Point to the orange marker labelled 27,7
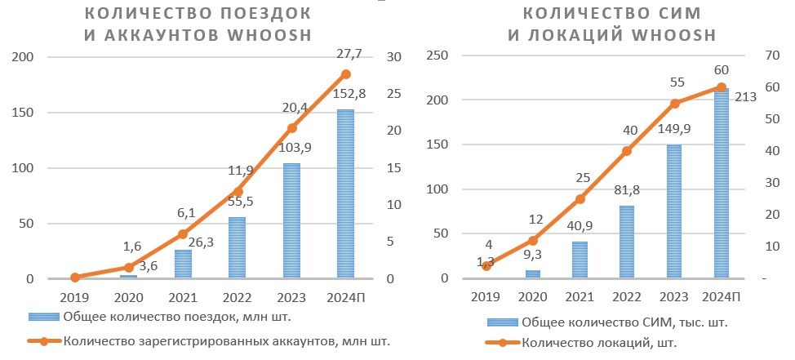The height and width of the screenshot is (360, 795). click(345, 74)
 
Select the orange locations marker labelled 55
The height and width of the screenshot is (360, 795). click(674, 104)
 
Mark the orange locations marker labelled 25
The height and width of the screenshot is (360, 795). click(580, 198)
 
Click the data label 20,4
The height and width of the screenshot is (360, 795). click(292, 107)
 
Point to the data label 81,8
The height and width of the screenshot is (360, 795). click(627, 189)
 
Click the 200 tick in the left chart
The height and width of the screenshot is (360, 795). click(22, 56)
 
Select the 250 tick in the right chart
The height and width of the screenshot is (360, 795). click(439, 56)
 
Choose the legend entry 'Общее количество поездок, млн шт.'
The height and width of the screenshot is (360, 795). click(175, 316)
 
